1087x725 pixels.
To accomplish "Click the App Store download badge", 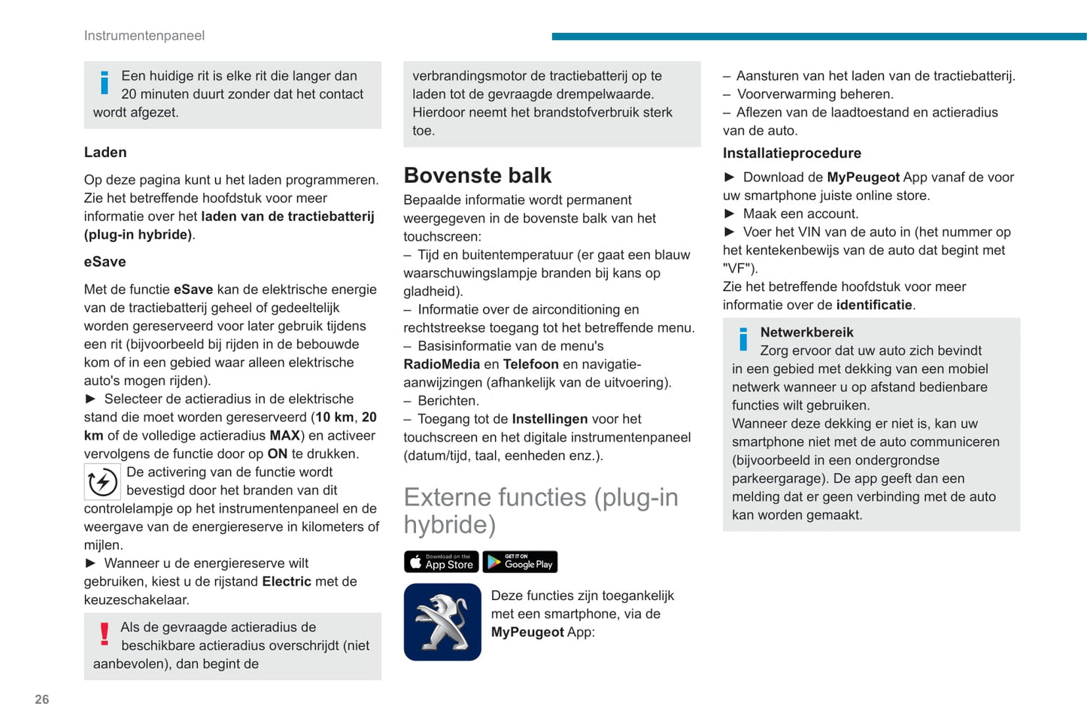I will click(442, 562).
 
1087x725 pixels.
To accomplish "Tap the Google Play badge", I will click(520, 562).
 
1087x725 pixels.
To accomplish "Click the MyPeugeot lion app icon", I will click(442, 622).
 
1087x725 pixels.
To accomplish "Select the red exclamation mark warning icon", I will click(105, 635).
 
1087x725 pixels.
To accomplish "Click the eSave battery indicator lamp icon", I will click(102, 482).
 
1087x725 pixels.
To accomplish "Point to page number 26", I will click(42, 699).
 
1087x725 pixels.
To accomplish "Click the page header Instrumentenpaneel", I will click(144, 35).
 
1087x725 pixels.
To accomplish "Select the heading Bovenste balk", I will click(478, 175).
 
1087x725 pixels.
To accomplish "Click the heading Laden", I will click(105, 152).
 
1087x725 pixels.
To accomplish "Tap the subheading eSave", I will click(105, 262).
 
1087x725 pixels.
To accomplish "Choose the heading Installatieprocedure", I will click(792, 153).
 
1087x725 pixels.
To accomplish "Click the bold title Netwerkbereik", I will click(806, 332).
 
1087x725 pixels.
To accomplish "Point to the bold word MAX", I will click(285, 435).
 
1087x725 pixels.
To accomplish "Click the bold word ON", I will click(278, 454).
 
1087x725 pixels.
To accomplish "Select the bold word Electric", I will click(287, 581).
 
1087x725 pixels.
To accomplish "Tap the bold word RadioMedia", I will click(442, 364).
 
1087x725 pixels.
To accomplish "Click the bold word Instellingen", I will click(550, 419).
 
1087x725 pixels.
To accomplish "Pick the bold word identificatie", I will click(874, 305).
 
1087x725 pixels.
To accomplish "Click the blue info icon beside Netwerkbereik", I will click(744, 340).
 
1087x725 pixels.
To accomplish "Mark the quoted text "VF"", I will click(739, 268).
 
